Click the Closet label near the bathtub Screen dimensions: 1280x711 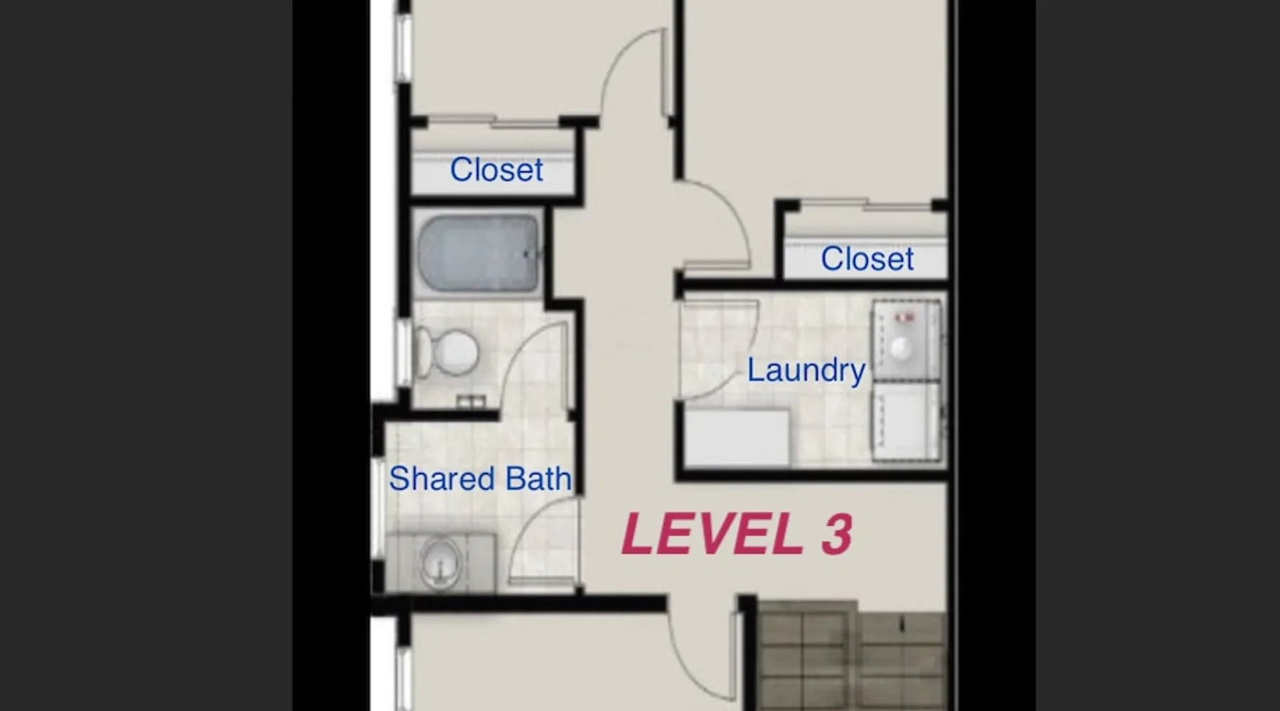point(496,170)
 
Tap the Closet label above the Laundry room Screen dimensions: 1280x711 point(867,259)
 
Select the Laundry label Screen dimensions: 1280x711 point(806,370)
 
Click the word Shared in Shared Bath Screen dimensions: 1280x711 point(441,479)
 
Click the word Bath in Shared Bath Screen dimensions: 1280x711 point(538,479)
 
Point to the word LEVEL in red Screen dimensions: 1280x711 point(712,534)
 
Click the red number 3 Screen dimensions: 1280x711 point(837,534)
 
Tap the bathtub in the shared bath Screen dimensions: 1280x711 point(479,253)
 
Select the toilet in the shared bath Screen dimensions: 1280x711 point(446,352)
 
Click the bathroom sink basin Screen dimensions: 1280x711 point(441,562)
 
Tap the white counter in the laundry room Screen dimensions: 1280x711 point(737,437)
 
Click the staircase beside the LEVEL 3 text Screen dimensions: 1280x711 point(851,655)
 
